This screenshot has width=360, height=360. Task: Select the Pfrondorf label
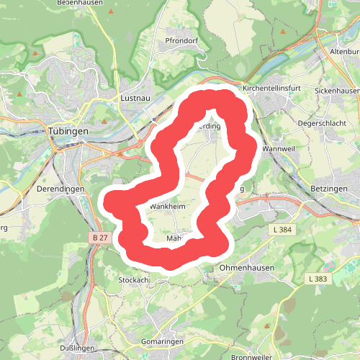(x=181, y=41)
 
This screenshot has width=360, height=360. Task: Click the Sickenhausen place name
(x=336, y=91)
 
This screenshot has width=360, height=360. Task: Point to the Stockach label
(x=133, y=279)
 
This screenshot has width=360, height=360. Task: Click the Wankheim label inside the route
(x=168, y=206)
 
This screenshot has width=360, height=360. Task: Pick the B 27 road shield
(x=100, y=237)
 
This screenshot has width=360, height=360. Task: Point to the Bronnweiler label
(x=251, y=357)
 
